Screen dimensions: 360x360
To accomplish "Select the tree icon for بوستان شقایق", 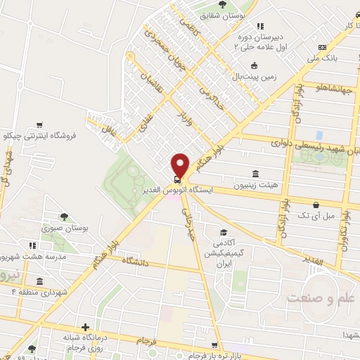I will point(223,5).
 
